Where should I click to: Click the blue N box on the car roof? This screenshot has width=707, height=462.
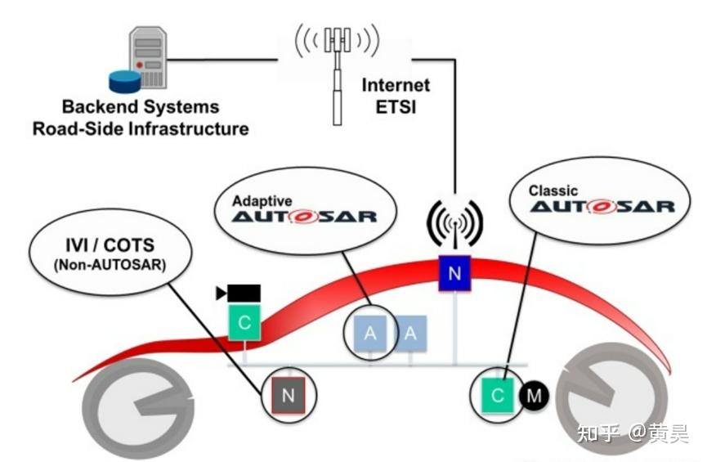(454, 273)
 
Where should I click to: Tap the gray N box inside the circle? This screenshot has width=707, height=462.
(287, 396)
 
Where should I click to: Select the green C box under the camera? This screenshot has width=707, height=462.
(244, 322)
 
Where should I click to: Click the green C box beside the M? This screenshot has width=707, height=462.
(498, 396)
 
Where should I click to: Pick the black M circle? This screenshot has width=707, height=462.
(535, 396)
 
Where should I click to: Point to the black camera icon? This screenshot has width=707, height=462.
(239, 293)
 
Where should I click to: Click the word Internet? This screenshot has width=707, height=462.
(396, 85)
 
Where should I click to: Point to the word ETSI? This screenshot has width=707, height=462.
(396, 106)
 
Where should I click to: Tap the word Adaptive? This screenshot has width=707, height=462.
(262, 200)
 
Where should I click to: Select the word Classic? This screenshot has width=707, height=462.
(553, 191)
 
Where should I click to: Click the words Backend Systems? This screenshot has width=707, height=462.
(141, 107)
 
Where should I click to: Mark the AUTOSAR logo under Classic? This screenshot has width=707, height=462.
(602, 208)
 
